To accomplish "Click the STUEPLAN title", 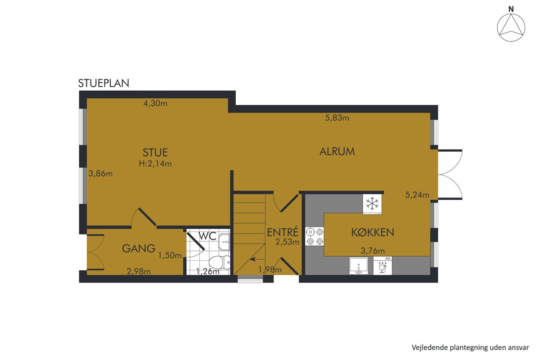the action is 103,83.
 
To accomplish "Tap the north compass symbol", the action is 511,27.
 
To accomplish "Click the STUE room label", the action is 155,153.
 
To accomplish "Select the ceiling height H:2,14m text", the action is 155,164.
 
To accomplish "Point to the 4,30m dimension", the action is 155,103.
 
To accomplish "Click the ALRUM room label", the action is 337,152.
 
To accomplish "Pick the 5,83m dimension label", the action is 337,118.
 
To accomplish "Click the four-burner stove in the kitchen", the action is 315,236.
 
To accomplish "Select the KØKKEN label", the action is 373,233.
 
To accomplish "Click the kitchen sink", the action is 359,265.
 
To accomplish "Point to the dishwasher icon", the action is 382,265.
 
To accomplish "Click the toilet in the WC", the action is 220,262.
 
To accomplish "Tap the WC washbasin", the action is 224,242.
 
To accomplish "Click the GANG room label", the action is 139,248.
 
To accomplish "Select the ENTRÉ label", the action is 283,232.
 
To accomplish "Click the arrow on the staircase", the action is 257,260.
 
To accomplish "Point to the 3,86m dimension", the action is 100,173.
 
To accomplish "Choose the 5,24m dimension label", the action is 417,195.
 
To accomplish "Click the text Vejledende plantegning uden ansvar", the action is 470,347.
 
